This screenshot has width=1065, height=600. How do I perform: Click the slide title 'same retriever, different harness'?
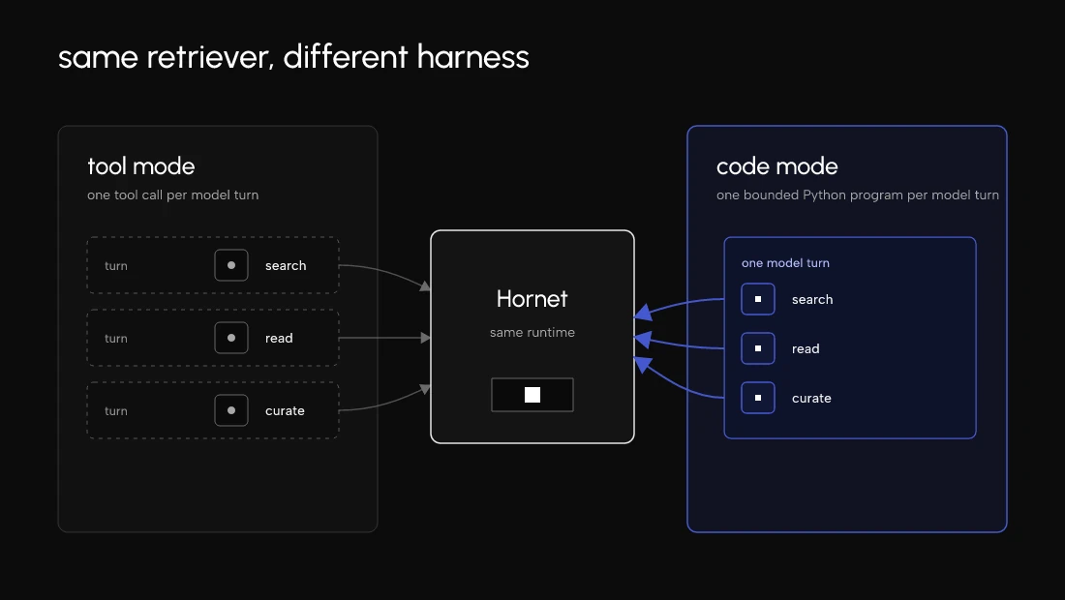point(293,57)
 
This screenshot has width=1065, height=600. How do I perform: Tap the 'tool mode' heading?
point(141,166)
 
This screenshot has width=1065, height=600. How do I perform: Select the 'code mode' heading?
point(777,166)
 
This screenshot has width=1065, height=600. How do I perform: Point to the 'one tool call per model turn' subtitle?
point(172,195)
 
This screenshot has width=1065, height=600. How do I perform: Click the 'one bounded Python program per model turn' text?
point(857,195)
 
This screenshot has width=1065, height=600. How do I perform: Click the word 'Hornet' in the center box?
point(532,299)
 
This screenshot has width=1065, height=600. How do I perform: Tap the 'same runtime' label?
point(532,333)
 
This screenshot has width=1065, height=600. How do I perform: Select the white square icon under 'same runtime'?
point(532,395)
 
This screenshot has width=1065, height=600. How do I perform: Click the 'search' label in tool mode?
point(286,265)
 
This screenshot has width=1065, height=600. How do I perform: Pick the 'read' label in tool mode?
point(279,338)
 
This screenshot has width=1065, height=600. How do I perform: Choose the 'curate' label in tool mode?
point(285,410)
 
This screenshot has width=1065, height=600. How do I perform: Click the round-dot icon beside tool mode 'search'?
point(231,265)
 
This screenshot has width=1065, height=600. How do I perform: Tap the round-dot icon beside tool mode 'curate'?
point(231,410)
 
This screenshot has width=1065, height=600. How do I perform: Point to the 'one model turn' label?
point(785,262)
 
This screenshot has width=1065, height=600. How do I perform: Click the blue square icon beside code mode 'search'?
point(758,299)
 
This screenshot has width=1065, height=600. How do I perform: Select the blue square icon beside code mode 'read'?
point(758,348)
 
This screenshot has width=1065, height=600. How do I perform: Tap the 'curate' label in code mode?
point(811,399)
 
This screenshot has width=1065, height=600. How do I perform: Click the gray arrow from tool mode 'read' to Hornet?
point(384,338)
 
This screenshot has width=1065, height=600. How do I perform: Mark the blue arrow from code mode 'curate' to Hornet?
point(675,381)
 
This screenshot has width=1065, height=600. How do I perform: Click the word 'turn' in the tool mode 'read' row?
point(116,338)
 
